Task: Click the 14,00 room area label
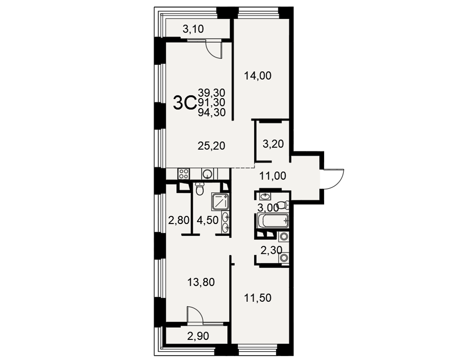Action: [x=258, y=76]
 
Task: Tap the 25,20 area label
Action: [x=211, y=146]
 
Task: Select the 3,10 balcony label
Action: [x=193, y=29]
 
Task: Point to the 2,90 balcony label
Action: [x=198, y=336]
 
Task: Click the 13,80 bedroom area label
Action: [x=201, y=282]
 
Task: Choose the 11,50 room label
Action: [x=258, y=298]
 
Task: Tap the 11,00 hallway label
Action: [x=273, y=176]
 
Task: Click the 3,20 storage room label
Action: [x=273, y=144]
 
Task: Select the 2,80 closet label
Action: [x=179, y=220]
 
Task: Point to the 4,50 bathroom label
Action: [x=207, y=220]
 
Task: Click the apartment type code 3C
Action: [x=184, y=103]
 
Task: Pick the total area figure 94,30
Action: [x=212, y=113]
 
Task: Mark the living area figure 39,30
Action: [x=212, y=93]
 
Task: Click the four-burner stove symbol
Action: [x=184, y=174]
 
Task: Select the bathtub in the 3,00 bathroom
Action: [x=273, y=221]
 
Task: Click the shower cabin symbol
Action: [x=220, y=201]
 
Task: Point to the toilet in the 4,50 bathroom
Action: [x=199, y=189]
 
